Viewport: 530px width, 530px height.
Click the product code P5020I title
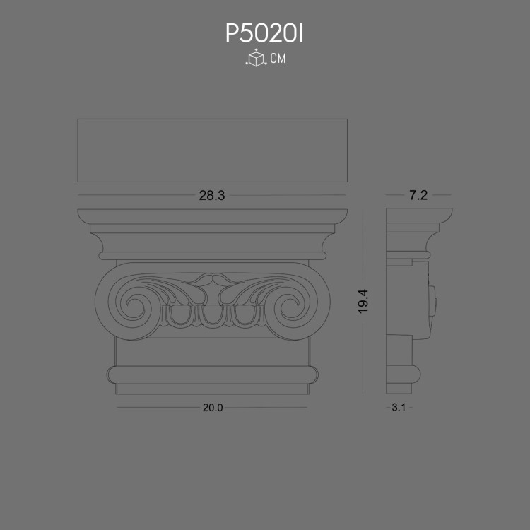pyautogui.click(x=264, y=33)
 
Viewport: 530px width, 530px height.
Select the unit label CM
pyautogui.click(x=278, y=59)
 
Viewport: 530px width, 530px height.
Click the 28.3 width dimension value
pyautogui.click(x=211, y=196)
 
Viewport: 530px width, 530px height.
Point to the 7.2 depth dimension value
pyautogui.click(x=418, y=196)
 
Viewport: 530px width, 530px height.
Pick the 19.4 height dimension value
pyautogui.click(x=364, y=302)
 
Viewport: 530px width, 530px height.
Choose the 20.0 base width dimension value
pyautogui.click(x=212, y=408)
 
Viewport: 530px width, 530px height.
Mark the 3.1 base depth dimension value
pyautogui.click(x=399, y=408)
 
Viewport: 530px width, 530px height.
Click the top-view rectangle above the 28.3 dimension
pyautogui.click(x=212, y=151)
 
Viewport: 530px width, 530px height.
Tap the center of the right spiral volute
pyautogui.click(x=291, y=307)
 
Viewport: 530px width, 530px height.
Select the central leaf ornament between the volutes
pyautogui.click(x=211, y=285)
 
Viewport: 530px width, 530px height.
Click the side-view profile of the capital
pyautogui.click(x=410, y=304)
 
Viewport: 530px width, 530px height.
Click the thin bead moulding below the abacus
pyautogui.click(x=212, y=254)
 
